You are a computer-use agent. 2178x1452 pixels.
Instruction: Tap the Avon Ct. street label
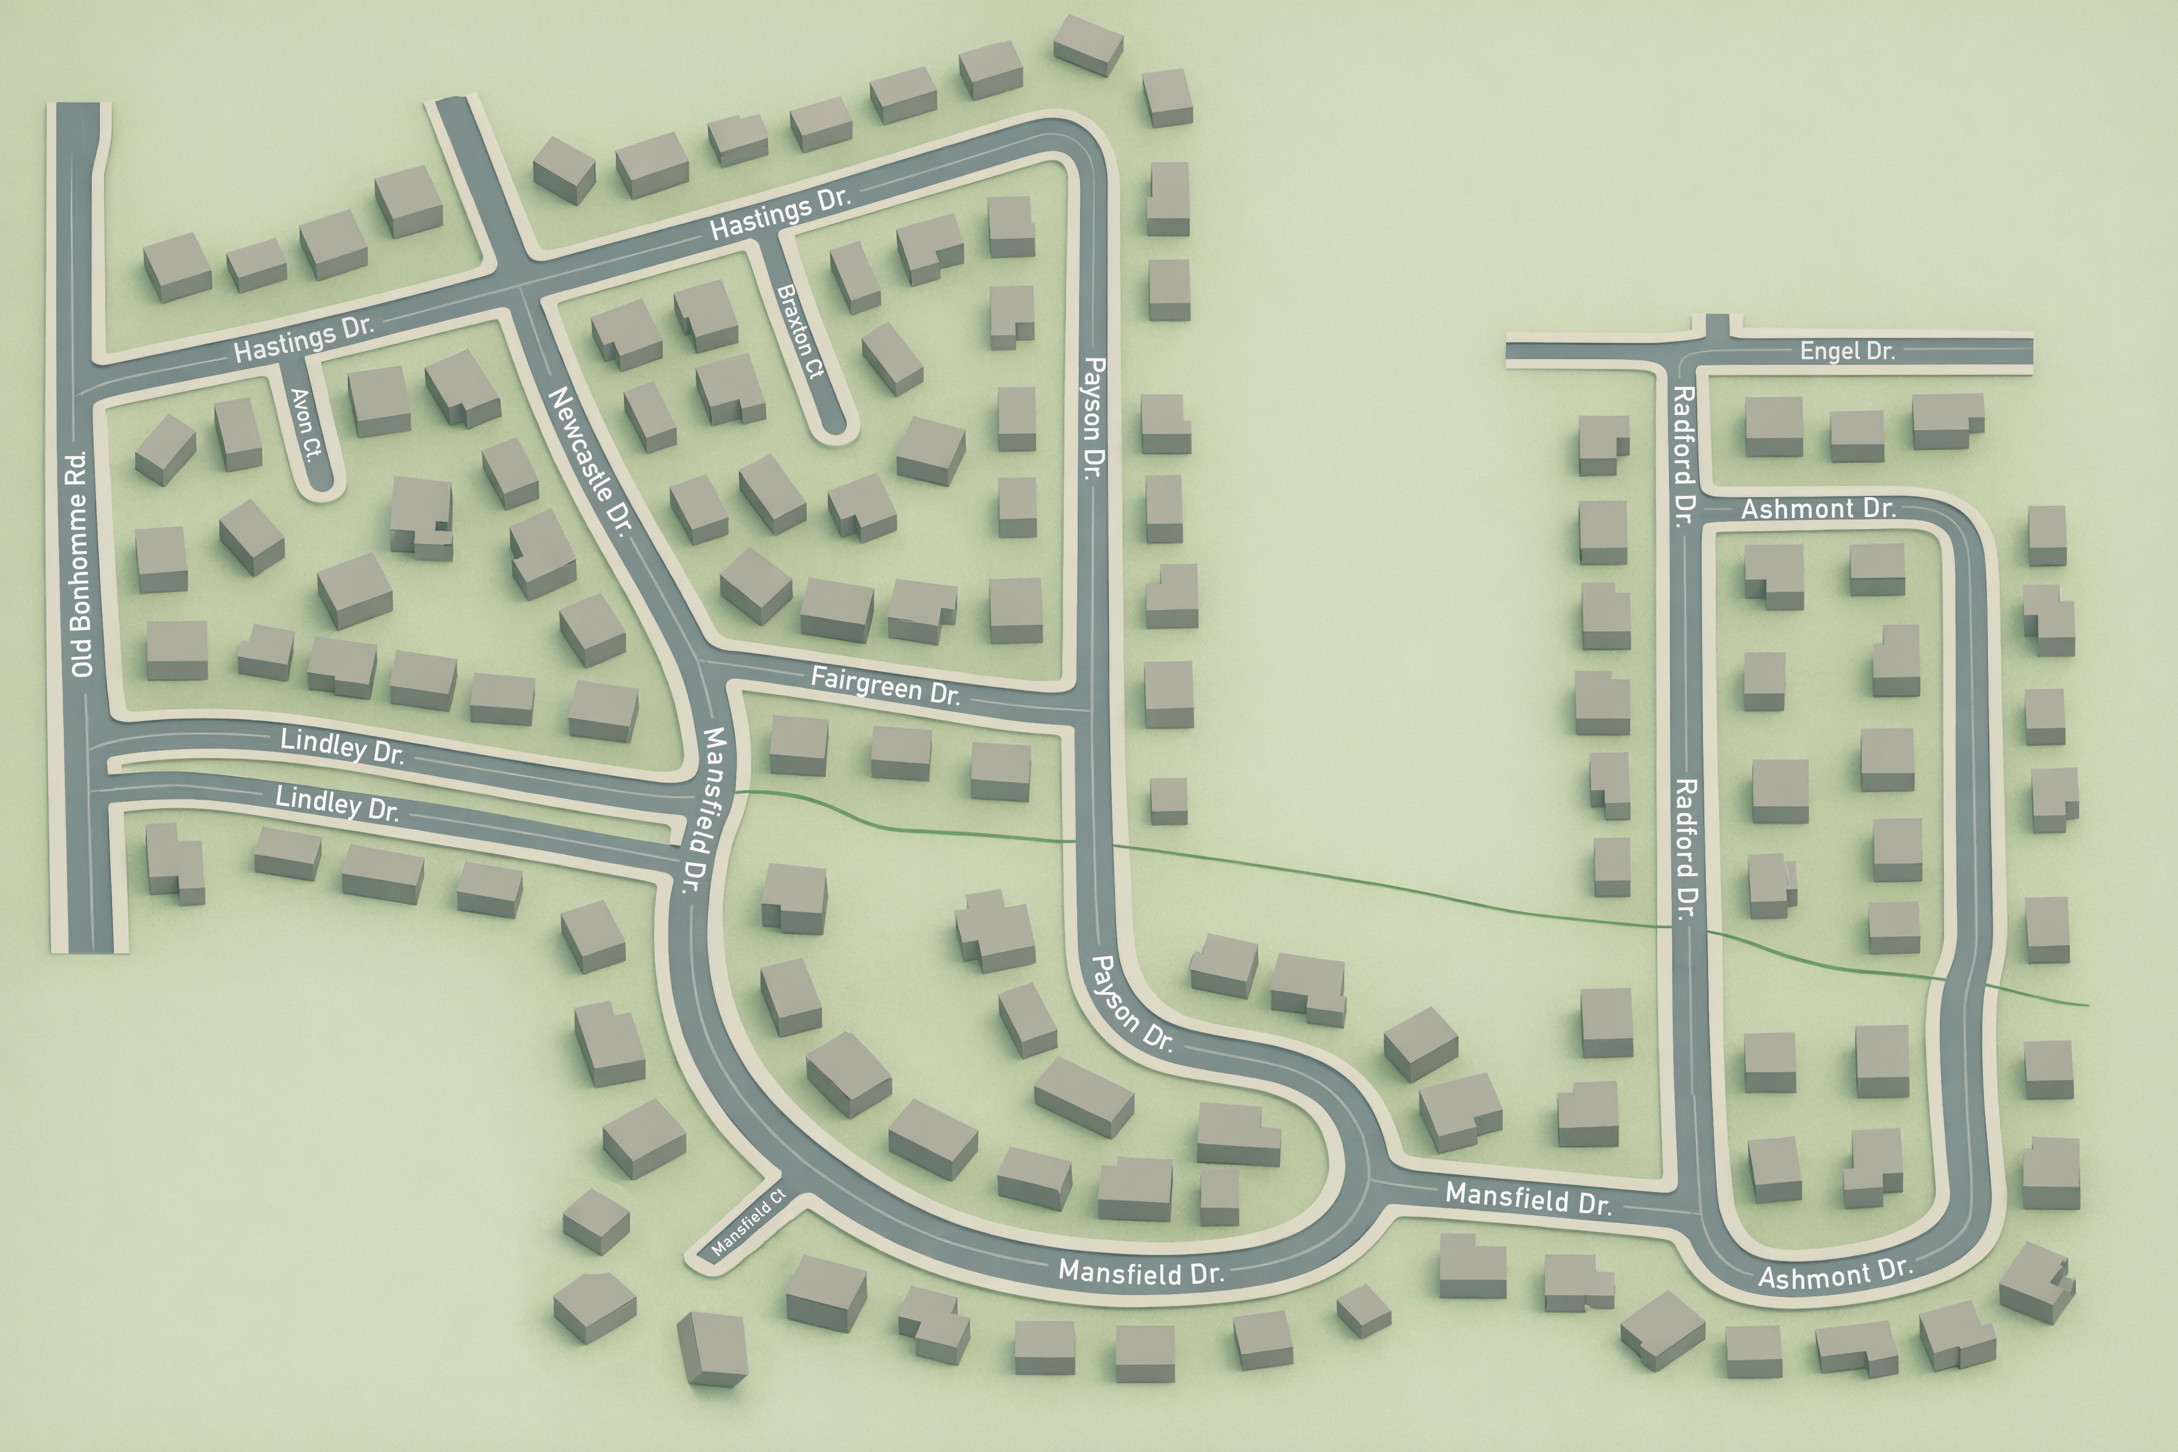click(306, 423)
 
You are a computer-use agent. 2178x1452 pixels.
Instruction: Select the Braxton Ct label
click(800, 330)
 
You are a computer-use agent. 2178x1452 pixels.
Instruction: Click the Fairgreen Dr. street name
click(885, 685)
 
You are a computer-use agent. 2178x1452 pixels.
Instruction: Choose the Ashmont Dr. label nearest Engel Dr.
click(1818, 509)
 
